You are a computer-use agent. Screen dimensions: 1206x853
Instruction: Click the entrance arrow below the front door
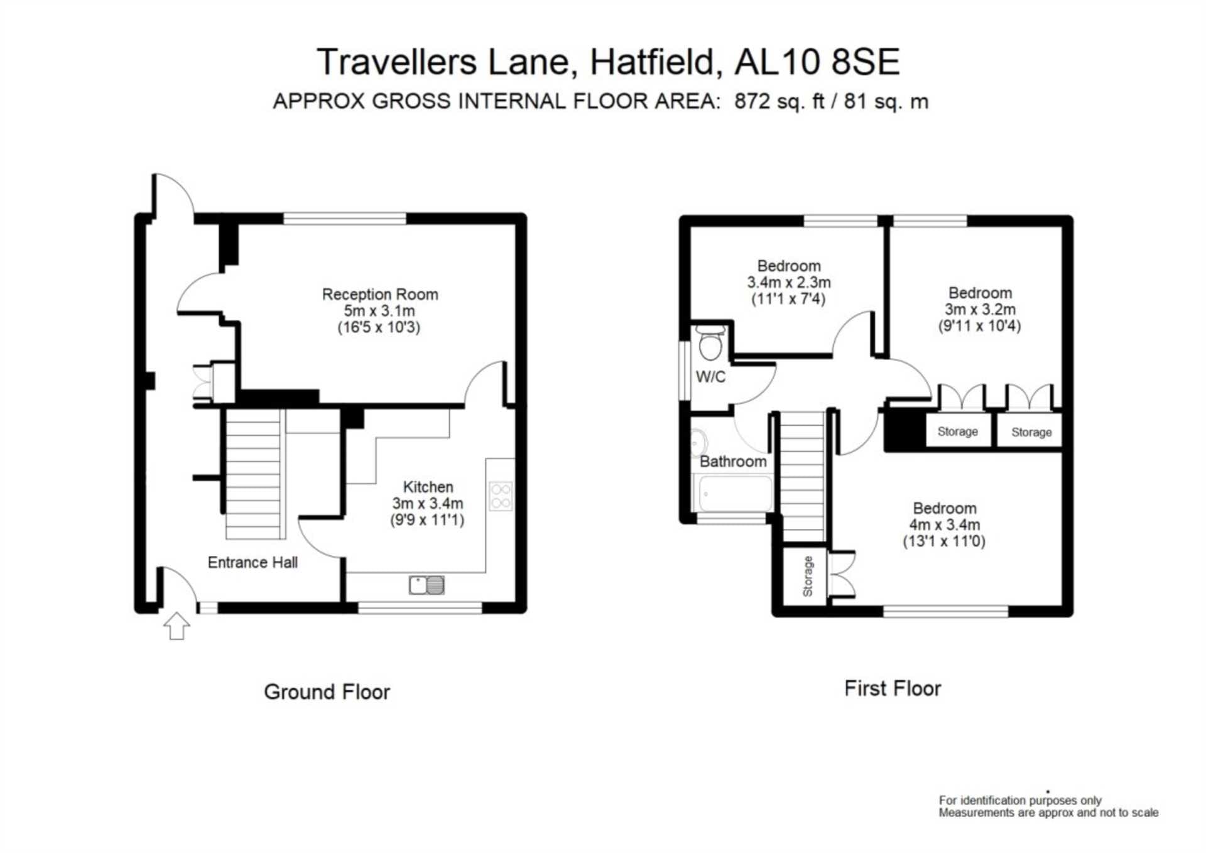click(177, 626)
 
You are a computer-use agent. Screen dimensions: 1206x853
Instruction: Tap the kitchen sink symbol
click(426, 585)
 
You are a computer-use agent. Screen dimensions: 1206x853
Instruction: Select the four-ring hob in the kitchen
click(501, 496)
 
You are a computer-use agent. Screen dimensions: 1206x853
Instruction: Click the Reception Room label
click(380, 294)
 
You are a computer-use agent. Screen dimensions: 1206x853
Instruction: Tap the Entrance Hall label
click(253, 562)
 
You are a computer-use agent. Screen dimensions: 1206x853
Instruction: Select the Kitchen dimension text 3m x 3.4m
click(428, 503)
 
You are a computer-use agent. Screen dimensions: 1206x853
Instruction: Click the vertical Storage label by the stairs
click(808, 576)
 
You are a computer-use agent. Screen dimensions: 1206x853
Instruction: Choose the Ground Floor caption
click(327, 692)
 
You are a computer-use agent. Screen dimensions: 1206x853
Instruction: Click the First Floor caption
click(893, 688)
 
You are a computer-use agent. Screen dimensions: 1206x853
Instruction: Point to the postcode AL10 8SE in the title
click(817, 62)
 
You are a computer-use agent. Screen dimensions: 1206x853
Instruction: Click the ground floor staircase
click(253, 474)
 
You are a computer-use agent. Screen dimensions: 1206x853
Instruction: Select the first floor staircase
click(803, 477)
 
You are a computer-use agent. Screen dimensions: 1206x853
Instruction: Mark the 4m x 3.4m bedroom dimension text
click(945, 524)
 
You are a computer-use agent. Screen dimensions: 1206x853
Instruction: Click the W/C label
click(710, 377)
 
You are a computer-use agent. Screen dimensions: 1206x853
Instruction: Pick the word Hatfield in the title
click(653, 62)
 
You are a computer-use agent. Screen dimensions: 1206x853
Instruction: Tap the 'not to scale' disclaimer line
click(1048, 813)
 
